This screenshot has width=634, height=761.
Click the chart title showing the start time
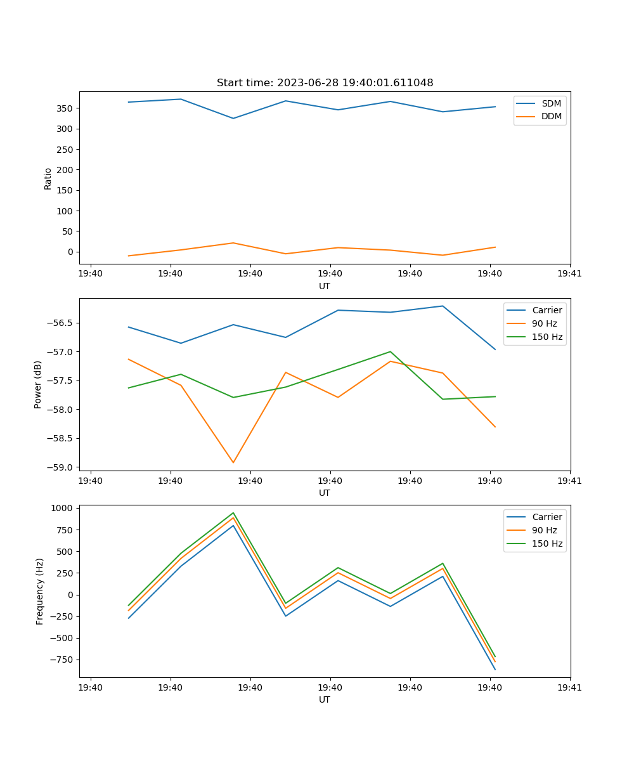coord(325,83)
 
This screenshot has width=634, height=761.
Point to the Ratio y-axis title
coord(48,178)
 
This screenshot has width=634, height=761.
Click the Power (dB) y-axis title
coord(38,384)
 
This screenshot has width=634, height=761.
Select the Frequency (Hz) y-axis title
coord(40,591)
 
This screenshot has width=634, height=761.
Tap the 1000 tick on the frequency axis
coord(63,508)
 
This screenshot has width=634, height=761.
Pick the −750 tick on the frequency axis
coord(62,660)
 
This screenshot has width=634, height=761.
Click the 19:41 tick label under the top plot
coord(569,274)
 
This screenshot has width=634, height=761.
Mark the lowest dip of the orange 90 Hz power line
coord(233,462)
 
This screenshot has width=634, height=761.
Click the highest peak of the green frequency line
coord(233,513)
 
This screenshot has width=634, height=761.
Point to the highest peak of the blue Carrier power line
coord(443,306)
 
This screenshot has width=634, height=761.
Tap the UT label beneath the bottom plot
coord(325,699)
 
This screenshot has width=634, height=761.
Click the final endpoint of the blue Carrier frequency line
coord(495,669)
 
